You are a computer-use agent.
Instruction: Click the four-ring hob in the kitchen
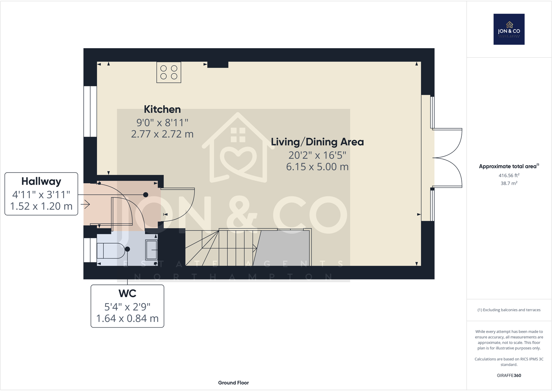169,72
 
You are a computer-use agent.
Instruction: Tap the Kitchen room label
162,109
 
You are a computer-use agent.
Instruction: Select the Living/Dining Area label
317,142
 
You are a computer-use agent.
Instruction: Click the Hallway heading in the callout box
41,181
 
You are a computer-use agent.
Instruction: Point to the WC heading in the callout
127,294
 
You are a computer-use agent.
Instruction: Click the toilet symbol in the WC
110,250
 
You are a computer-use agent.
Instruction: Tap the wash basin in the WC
151,250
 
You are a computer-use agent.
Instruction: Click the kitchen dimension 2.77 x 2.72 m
162,134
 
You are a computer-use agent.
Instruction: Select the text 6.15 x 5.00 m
317,167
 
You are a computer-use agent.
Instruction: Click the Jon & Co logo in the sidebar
509,29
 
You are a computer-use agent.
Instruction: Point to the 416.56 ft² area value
509,176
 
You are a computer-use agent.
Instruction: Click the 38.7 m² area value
509,183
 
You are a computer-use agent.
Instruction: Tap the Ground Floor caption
233,383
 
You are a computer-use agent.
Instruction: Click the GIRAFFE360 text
509,375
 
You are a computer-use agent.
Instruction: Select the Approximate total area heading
509,167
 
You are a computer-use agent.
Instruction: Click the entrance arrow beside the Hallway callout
85,204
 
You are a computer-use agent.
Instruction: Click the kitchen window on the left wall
90,111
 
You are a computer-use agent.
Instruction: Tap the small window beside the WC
90,250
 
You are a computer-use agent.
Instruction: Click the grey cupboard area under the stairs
283,248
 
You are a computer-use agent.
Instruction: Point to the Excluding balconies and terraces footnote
509,310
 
